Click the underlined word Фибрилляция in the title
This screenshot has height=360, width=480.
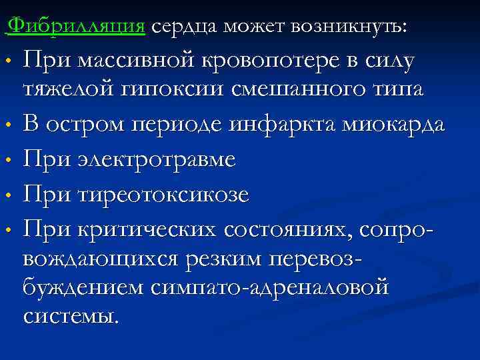(79, 26)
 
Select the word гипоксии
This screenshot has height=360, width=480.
(177, 89)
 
